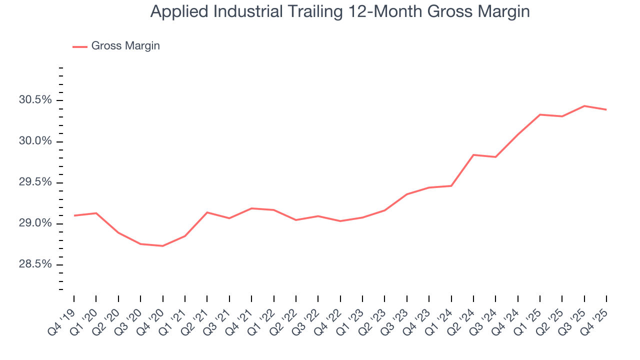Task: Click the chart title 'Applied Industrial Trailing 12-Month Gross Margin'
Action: coord(340,11)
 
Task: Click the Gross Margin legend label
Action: coord(125,46)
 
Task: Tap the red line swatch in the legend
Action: coord(80,46)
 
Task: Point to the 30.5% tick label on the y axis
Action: coord(35,100)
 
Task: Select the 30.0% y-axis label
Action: coord(35,141)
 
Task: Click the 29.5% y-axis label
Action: coord(35,182)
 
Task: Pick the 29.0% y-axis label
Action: coord(35,223)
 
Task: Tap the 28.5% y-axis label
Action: coord(35,264)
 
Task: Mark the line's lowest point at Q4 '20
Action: coord(163,246)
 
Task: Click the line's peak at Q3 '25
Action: coord(584,106)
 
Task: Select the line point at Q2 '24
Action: coord(473,155)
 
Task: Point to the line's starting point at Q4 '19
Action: coord(74,215)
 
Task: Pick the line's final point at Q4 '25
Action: coord(606,109)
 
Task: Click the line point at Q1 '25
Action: coord(540,114)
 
